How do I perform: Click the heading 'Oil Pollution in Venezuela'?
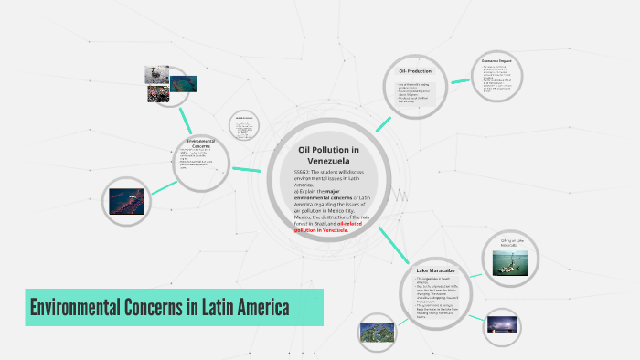[x=328, y=154]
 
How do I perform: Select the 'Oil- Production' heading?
[x=414, y=70]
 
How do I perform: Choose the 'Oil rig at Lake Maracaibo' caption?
[x=510, y=244]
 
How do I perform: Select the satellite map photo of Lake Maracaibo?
[x=377, y=331]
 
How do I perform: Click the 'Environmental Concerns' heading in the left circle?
[x=200, y=143]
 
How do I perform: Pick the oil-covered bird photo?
[x=156, y=75]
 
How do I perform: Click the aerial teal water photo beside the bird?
[x=184, y=83]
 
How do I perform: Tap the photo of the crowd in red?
[x=157, y=93]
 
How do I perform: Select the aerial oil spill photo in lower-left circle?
[x=126, y=200]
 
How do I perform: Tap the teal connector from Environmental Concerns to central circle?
[x=247, y=169]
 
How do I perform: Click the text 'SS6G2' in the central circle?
[x=304, y=172]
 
